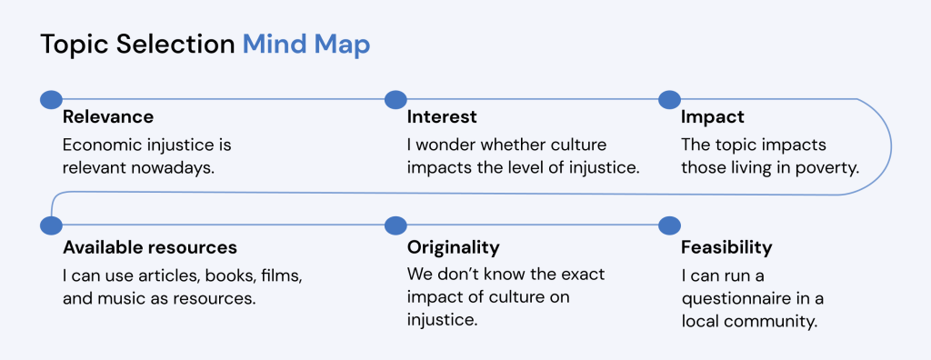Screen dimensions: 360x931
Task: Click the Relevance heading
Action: (107, 117)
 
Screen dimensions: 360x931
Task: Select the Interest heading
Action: (442, 117)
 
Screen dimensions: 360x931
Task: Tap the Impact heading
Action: (712, 117)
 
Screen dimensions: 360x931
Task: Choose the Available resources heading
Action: (149, 247)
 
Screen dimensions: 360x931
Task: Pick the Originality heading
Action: (453, 247)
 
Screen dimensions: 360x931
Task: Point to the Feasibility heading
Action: (726, 247)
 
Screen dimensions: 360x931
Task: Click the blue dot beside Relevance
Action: (51, 98)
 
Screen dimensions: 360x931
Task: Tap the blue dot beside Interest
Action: (395, 98)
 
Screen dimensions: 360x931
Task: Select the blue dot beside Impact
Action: (668, 98)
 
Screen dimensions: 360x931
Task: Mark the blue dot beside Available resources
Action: (51, 225)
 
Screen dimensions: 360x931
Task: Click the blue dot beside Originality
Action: (395, 225)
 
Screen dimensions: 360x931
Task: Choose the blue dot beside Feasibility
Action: (668, 225)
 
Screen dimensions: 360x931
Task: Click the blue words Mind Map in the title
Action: (305, 45)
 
